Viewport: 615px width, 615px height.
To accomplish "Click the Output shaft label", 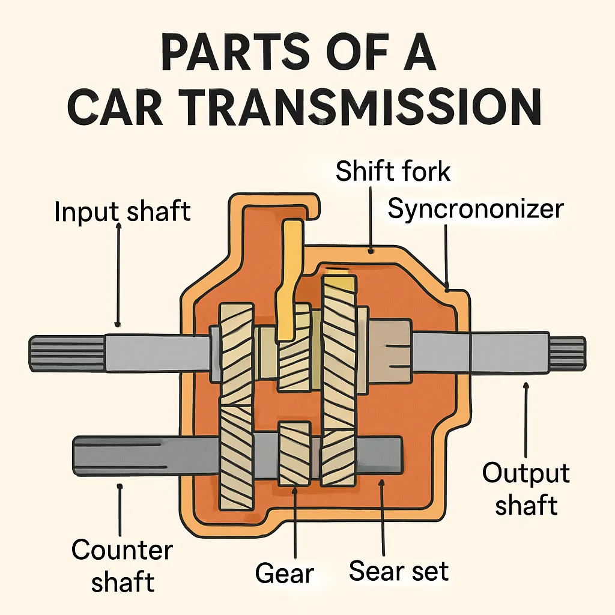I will [x=526, y=489].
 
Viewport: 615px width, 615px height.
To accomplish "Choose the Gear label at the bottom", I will [x=285, y=573].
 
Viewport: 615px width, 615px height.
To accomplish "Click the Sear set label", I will [x=398, y=571].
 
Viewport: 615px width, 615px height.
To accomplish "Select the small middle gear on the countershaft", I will [x=294, y=453].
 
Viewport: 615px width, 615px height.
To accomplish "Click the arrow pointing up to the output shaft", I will [x=526, y=420].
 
